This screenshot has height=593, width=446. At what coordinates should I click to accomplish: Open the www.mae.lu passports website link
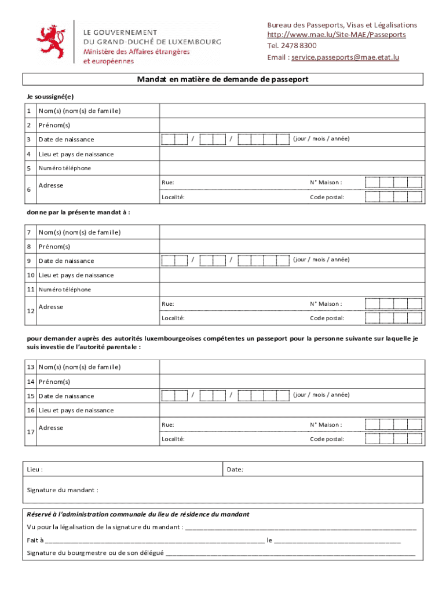point(336,35)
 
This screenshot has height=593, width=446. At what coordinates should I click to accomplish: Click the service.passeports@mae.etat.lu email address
point(345,57)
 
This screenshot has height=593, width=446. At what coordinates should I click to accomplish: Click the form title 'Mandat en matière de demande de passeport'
point(222,79)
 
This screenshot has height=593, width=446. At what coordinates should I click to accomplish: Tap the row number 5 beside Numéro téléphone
point(29,169)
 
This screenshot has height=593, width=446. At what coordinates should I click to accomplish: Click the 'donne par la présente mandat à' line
point(78,213)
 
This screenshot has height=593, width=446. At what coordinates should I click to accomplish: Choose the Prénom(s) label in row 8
point(54,247)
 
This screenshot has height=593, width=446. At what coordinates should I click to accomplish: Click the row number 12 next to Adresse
point(30,311)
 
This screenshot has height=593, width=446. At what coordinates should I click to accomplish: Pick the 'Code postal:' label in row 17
point(327,439)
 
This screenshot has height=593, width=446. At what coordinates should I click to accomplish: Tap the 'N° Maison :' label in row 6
point(326,182)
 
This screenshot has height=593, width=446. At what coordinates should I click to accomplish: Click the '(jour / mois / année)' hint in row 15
point(321,395)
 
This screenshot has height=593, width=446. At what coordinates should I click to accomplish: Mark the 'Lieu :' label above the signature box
point(35,470)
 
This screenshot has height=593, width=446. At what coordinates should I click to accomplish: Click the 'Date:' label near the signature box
point(235,470)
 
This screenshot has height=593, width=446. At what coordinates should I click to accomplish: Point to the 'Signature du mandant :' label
point(63,490)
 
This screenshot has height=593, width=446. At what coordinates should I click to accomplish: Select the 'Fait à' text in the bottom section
point(35,540)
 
